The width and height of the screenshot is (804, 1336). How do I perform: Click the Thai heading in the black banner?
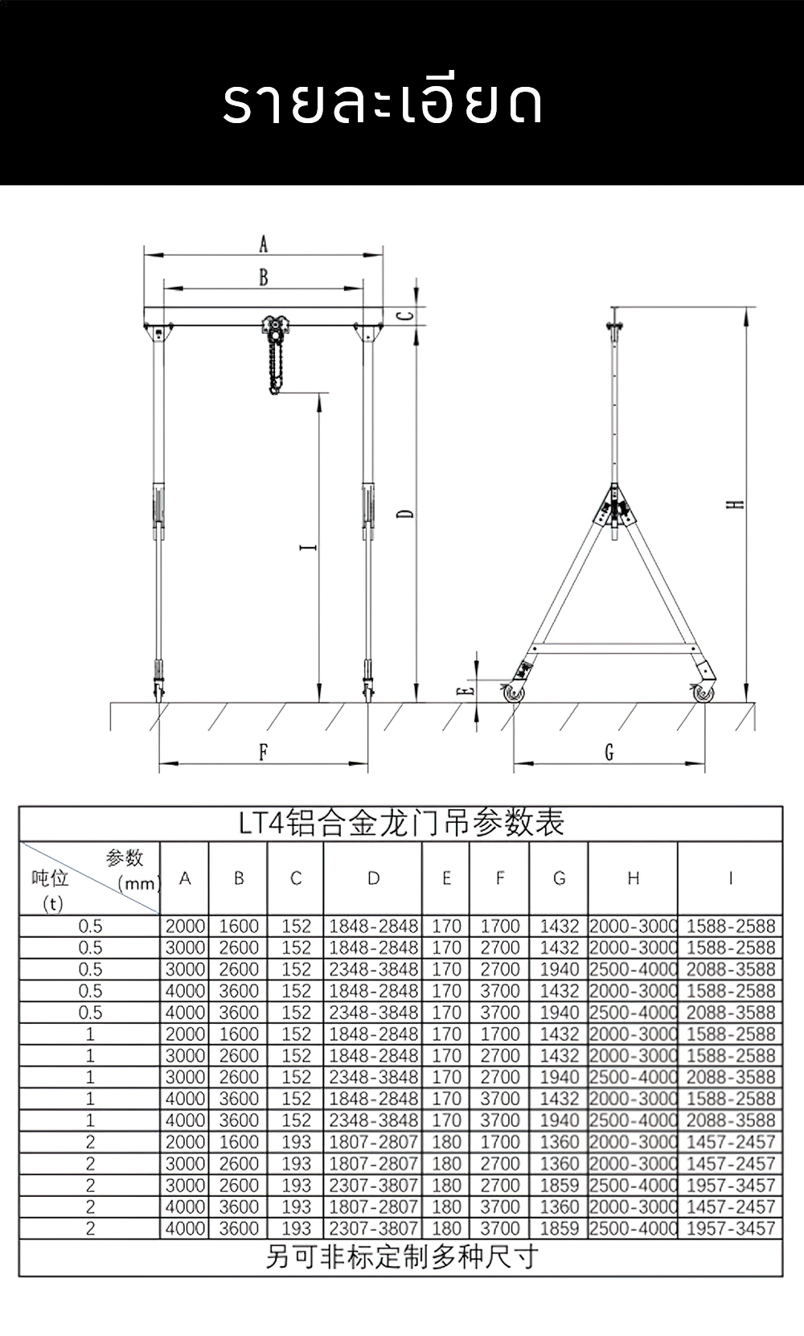[383, 102]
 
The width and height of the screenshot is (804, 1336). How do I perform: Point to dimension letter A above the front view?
[263, 244]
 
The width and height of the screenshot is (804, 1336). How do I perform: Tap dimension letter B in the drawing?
[263, 277]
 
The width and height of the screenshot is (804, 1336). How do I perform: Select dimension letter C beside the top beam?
[408, 315]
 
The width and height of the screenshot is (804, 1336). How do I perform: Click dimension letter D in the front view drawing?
[408, 512]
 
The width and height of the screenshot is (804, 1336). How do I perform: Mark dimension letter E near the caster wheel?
[464, 690]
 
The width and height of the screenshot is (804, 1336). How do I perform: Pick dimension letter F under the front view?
[263, 752]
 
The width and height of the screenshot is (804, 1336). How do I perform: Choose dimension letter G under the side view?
[609, 752]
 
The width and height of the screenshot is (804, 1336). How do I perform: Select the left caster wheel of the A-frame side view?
[512, 693]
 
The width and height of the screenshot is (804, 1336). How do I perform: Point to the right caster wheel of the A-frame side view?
[703, 693]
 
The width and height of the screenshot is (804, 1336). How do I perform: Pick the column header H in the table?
[633, 878]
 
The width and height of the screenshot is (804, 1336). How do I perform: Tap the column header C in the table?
[296, 878]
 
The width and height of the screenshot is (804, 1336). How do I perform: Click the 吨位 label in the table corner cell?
[50, 878]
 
